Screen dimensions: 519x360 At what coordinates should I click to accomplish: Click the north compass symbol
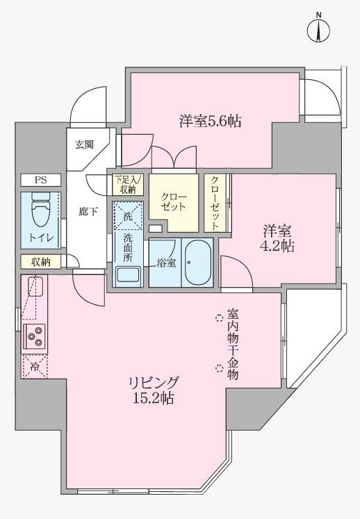[x=319, y=29]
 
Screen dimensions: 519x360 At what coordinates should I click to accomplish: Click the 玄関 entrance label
[x=85, y=145]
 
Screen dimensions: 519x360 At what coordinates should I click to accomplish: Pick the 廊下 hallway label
[x=88, y=212]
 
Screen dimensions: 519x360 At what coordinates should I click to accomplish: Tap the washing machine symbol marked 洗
[x=127, y=215]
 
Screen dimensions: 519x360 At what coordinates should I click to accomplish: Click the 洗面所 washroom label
[x=129, y=247]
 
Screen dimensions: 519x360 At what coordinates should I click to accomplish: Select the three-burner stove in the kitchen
[x=34, y=336]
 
